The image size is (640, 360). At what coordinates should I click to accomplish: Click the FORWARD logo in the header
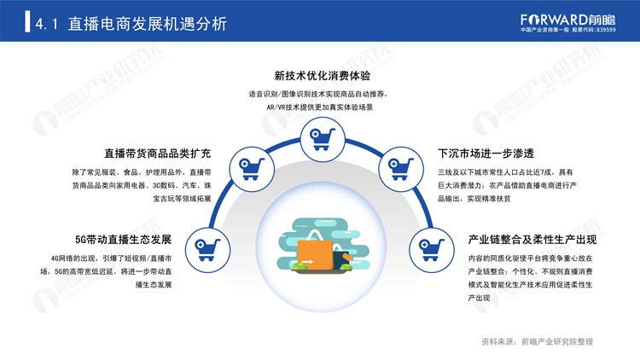pos(567,20)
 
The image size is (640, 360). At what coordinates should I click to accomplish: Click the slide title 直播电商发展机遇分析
pos(148,24)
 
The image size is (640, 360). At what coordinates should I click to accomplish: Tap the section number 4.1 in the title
pos(47,24)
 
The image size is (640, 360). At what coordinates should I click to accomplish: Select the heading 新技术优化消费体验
pos(322,76)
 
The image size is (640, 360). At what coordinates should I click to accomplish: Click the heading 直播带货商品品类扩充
pos(158,154)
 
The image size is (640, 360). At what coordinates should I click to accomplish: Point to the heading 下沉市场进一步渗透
pos(486,154)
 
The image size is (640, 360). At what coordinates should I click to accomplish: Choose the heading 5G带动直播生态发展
pos(123,239)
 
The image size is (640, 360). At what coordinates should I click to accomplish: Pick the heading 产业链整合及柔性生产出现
pos(532,239)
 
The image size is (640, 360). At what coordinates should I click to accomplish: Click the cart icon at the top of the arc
pos(323,139)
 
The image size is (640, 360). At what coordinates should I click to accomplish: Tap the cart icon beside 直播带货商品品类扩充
pos(252,169)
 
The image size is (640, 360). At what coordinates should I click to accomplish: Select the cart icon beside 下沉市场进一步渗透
pos(400,169)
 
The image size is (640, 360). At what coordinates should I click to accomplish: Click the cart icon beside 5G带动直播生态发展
pos(207,250)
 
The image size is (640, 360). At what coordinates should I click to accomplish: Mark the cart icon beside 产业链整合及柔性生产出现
pos(432,250)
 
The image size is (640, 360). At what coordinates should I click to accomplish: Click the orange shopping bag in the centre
pos(315,254)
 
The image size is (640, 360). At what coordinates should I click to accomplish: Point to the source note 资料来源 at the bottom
pos(537,341)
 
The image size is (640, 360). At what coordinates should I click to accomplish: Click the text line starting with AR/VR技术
pos(320,107)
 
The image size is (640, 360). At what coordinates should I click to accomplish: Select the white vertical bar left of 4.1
pos(27,21)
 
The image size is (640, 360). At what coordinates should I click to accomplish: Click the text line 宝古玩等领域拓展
pos(182,199)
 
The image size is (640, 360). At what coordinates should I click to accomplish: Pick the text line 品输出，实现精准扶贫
pos(474,199)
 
